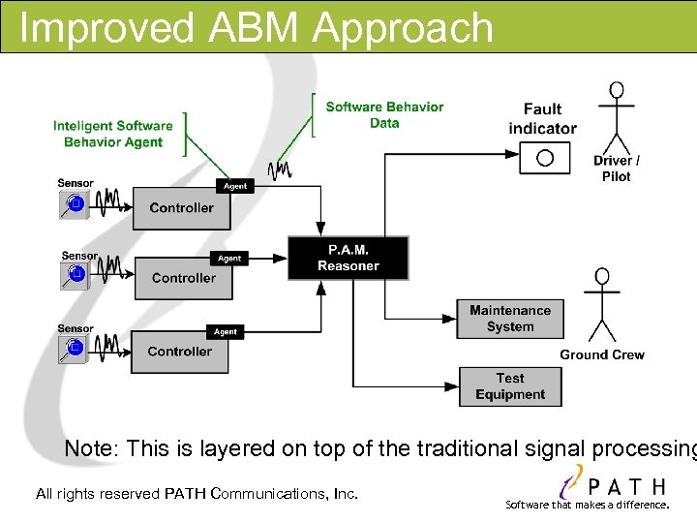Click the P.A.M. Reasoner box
tap(348, 258)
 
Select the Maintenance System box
tap(509, 319)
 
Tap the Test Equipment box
tap(509, 386)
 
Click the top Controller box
tap(181, 208)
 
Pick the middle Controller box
tap(183, 278)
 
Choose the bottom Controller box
tap(179, 352)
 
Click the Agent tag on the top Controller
tap(235, 186)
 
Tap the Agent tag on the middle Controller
tap(229, 259)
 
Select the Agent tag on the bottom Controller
tap(226, 331)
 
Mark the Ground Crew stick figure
tap(602, 305)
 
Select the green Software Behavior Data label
tap(384, 114)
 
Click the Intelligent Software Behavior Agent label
tap(112, 134)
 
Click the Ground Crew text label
tap(601, 354)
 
